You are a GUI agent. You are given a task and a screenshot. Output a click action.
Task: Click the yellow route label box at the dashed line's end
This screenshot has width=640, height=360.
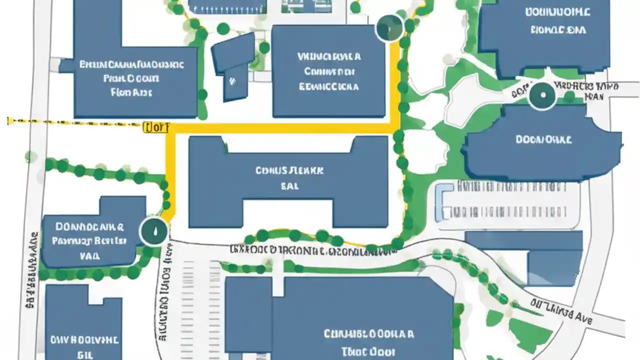156,127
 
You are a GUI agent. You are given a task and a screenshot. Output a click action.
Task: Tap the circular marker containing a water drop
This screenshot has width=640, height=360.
154,231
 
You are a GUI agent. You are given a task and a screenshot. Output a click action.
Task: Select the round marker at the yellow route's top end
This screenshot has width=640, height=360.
389,27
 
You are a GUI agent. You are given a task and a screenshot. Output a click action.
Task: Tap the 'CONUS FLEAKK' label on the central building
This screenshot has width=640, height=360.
289,170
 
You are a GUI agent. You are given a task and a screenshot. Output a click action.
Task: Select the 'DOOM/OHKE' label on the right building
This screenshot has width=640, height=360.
543,140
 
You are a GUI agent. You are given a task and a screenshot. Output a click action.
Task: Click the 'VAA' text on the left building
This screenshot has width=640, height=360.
89,255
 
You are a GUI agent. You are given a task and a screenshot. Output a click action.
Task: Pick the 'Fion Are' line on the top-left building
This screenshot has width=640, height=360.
131,92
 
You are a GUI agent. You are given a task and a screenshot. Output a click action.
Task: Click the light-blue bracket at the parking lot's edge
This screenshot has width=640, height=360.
440,202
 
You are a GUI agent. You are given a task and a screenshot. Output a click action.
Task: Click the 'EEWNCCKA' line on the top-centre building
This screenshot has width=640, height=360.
329,86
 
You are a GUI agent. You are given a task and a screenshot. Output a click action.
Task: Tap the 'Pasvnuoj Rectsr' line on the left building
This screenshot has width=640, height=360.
89,241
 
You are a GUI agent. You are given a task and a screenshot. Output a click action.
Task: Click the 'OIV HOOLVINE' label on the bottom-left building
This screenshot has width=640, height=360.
84,340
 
